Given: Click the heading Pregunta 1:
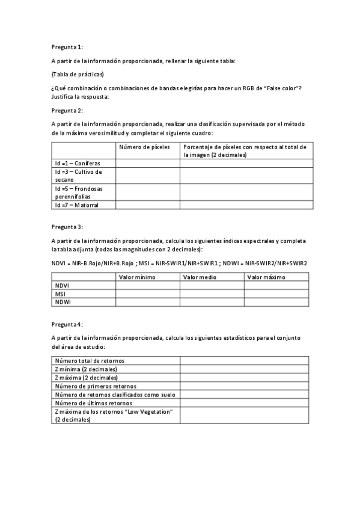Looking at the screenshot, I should (x=67, y=46).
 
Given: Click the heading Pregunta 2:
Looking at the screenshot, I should (x=67, y=110).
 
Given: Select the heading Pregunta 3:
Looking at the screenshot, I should (x=67, y=227).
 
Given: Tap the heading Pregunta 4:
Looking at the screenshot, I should (x=67, y=324).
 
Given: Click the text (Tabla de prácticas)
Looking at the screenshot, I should (x=78, y=74).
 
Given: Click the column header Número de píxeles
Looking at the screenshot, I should (x=144, y=147).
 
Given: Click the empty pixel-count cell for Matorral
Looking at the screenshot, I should (x=148, y=205).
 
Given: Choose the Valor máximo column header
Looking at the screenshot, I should (x=266, y=277).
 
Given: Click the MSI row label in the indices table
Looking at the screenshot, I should (x=60, y=294).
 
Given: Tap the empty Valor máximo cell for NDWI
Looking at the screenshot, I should (x=276, y=303).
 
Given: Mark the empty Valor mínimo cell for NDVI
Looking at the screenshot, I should (x=148, y=286).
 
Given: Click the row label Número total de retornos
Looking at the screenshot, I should (x=90, y=361).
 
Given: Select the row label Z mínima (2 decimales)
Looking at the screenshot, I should (x=86, y=369).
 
